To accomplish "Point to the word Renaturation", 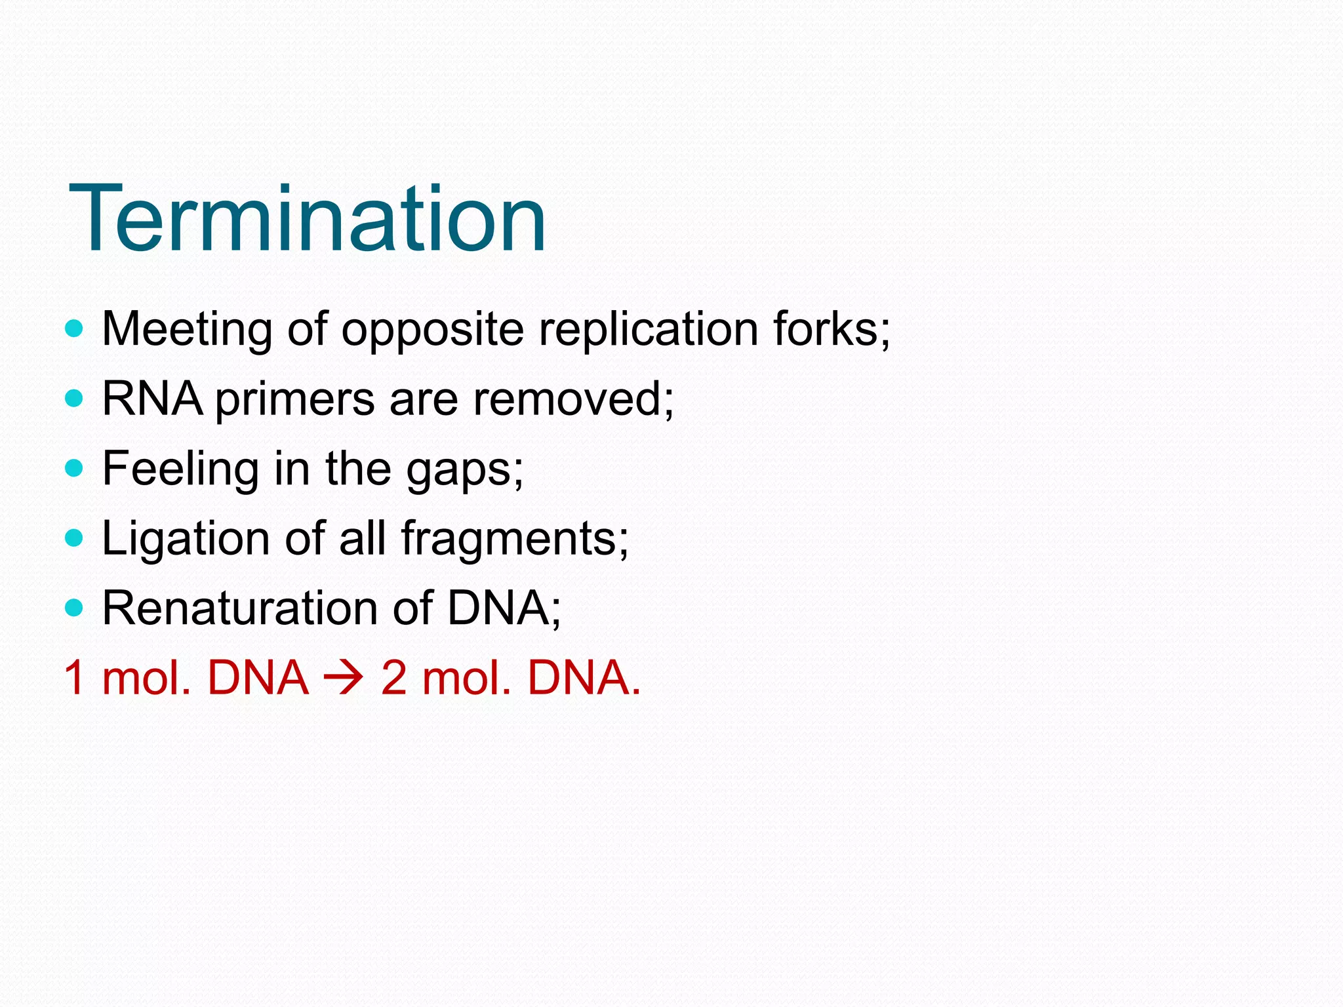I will coord(239,608).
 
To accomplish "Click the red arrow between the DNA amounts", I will coord(344,678).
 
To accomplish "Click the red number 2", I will coord(394,678).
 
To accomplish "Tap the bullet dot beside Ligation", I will coord(75,538).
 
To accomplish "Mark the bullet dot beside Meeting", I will coord(75,328).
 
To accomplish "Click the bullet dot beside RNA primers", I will coord(75,398).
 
